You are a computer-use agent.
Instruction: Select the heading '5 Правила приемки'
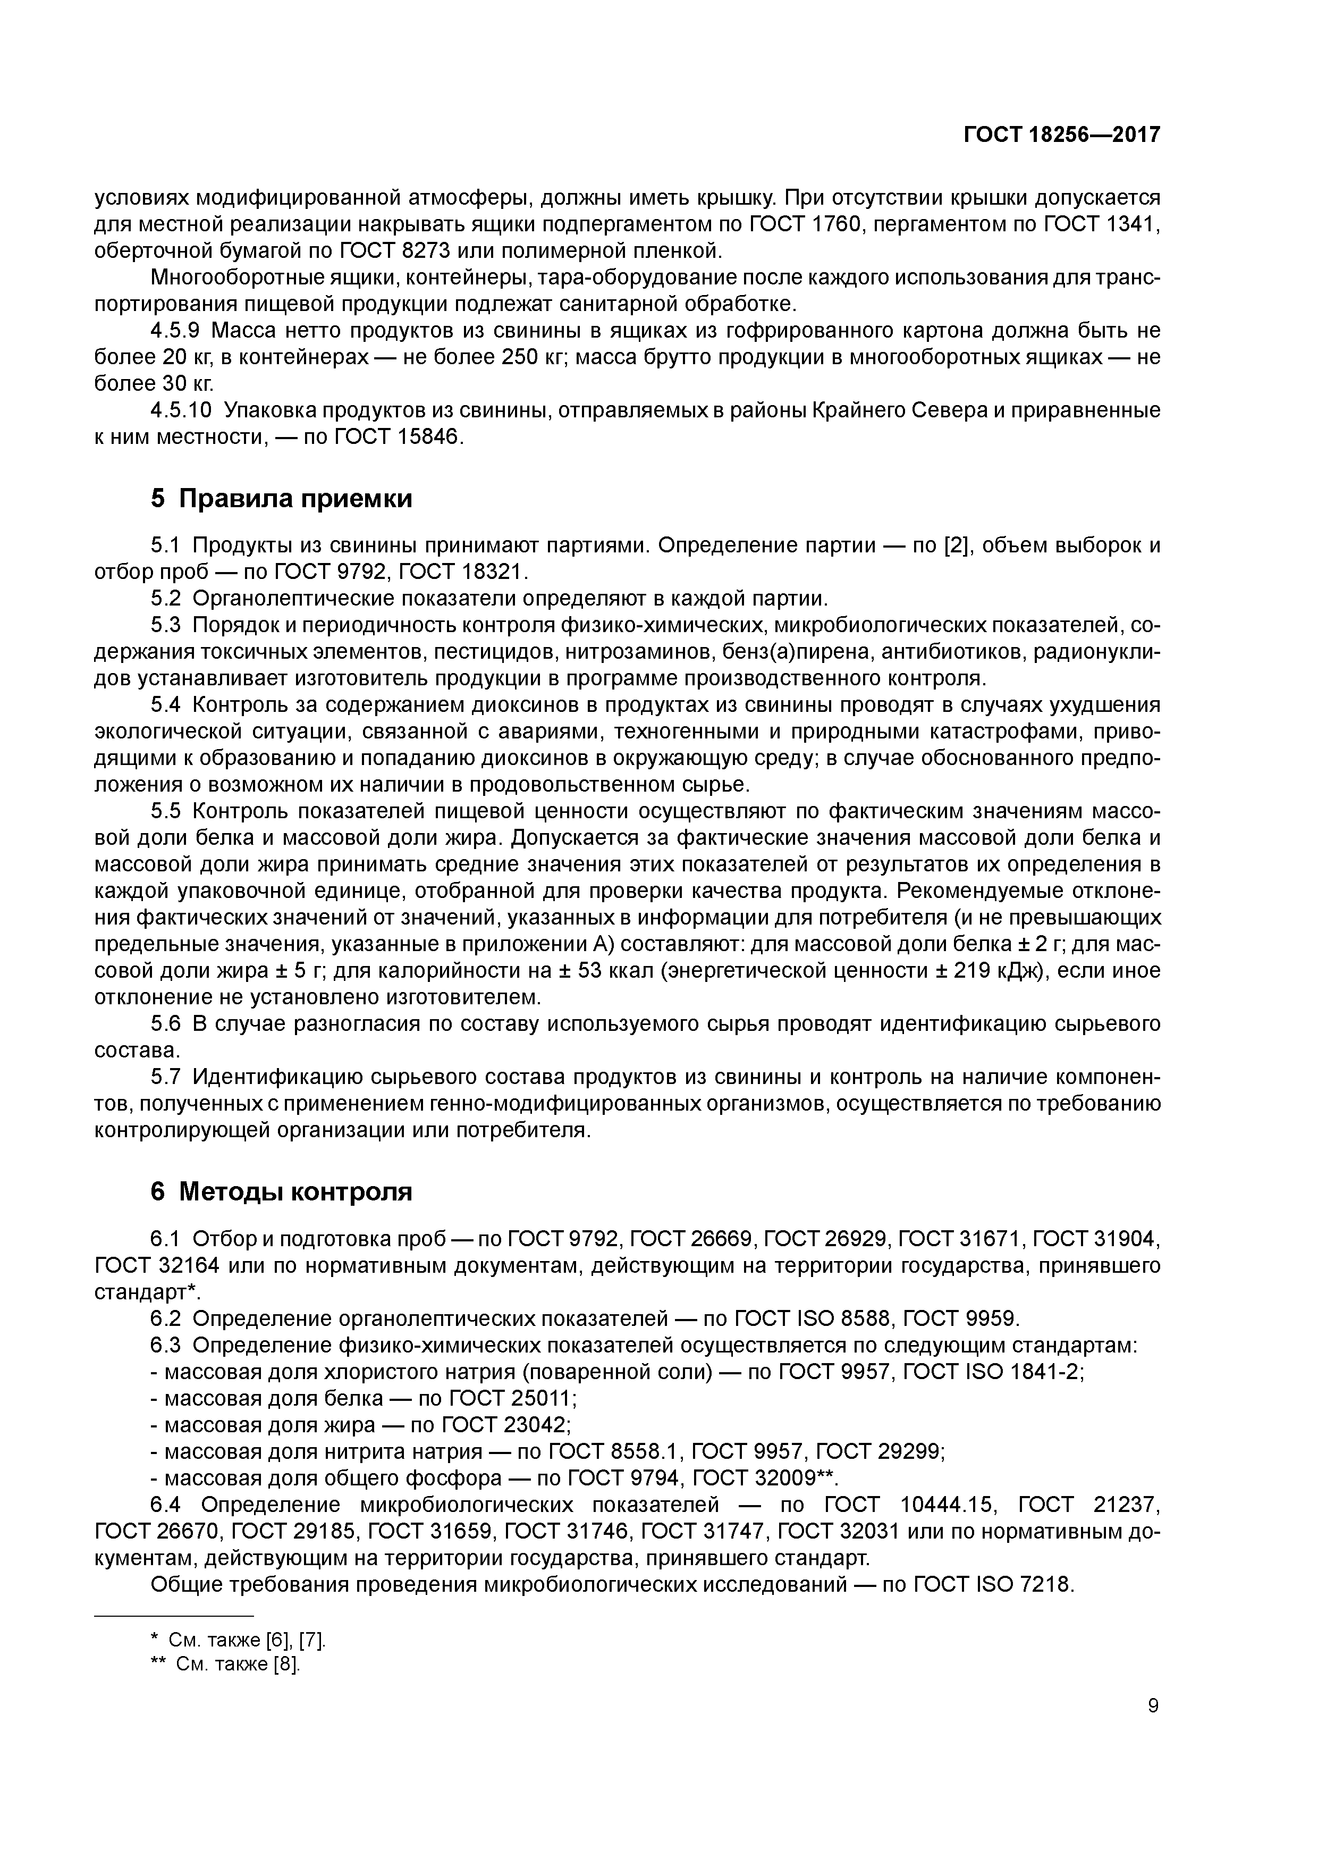pos(281,498)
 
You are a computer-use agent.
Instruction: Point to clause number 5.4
pos(168,704)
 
